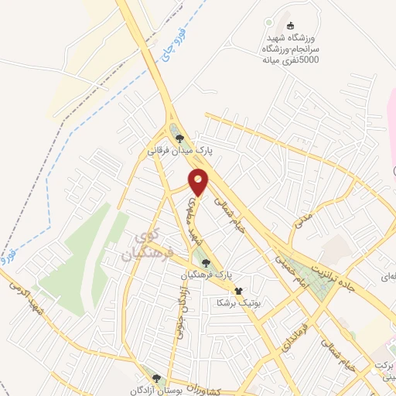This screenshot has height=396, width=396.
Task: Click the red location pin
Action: coord(200,182)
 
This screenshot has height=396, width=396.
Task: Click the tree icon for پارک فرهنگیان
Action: coord(205,263)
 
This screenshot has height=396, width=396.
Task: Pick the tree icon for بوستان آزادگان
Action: coord(156,377)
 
